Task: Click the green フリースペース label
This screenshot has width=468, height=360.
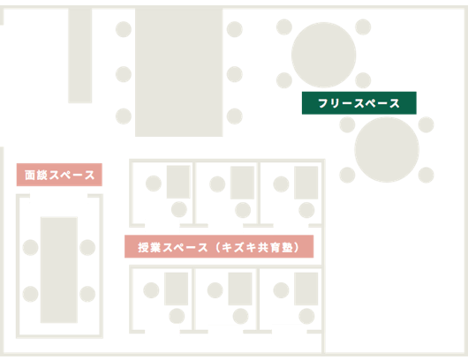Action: click(359, 103)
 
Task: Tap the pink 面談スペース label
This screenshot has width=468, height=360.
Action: click(59, 175)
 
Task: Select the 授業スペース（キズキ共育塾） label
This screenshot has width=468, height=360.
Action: click(219, 246)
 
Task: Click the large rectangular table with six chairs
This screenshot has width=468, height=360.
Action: click(178, 72)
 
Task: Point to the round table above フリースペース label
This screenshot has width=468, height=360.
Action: click(323, 55)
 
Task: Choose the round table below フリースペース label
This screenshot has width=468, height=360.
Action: click(387, 149)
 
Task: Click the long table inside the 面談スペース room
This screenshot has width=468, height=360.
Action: click(59, 270)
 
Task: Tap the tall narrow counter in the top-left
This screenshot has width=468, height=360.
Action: click(80, 56)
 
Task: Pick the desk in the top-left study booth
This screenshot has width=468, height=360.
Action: click(178, 182)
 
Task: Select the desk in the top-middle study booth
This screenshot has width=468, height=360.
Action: click(242, 183)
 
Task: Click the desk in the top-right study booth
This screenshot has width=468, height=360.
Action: click(306, 183)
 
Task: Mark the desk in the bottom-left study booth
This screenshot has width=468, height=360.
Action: click(176, 289)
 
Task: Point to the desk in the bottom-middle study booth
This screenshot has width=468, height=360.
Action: click(240, 289)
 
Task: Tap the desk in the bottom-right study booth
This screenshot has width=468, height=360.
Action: click(306, 289)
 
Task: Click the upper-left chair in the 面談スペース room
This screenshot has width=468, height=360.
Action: click(30, 248)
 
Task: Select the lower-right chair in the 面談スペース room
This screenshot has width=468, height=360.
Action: click(87, 294)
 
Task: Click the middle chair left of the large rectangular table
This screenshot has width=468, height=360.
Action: click(124, 74)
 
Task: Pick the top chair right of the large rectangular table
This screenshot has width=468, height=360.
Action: click(235, 29)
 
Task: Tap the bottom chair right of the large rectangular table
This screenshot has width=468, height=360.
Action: click(235, 116)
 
